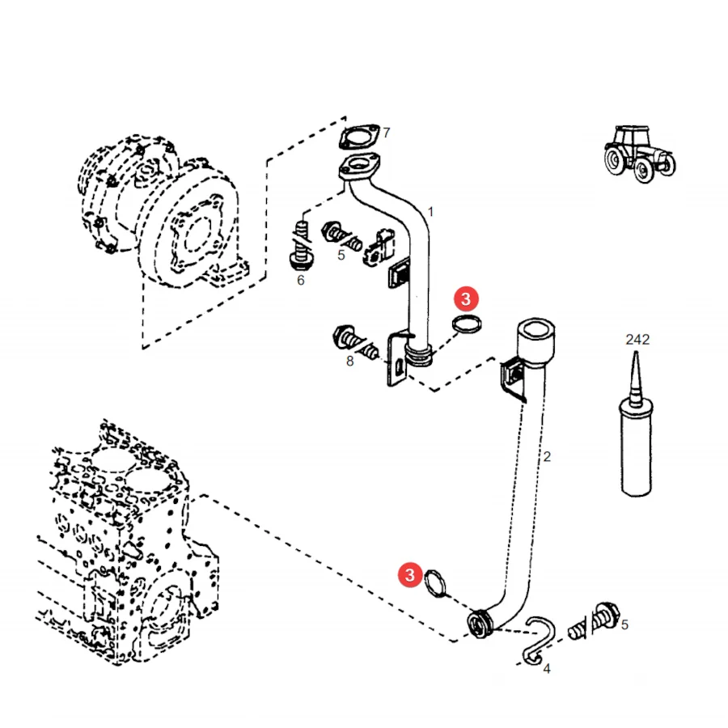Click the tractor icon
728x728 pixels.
[640, 154]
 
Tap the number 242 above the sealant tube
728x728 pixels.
[637, 340]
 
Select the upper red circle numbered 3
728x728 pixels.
[466, 299]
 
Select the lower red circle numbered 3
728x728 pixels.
[409, 575]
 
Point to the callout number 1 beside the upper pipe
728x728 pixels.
[430, 212]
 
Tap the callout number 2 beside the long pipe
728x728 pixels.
[547, 457]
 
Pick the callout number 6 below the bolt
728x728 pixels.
[301, 281]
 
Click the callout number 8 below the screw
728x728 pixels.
[349, 362]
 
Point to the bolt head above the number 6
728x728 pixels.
[300, 261]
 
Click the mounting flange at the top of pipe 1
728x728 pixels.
[359, 167]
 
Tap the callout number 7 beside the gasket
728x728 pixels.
[387, 133]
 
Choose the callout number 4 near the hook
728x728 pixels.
[547, 669]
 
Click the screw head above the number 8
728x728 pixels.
[343, 335]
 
